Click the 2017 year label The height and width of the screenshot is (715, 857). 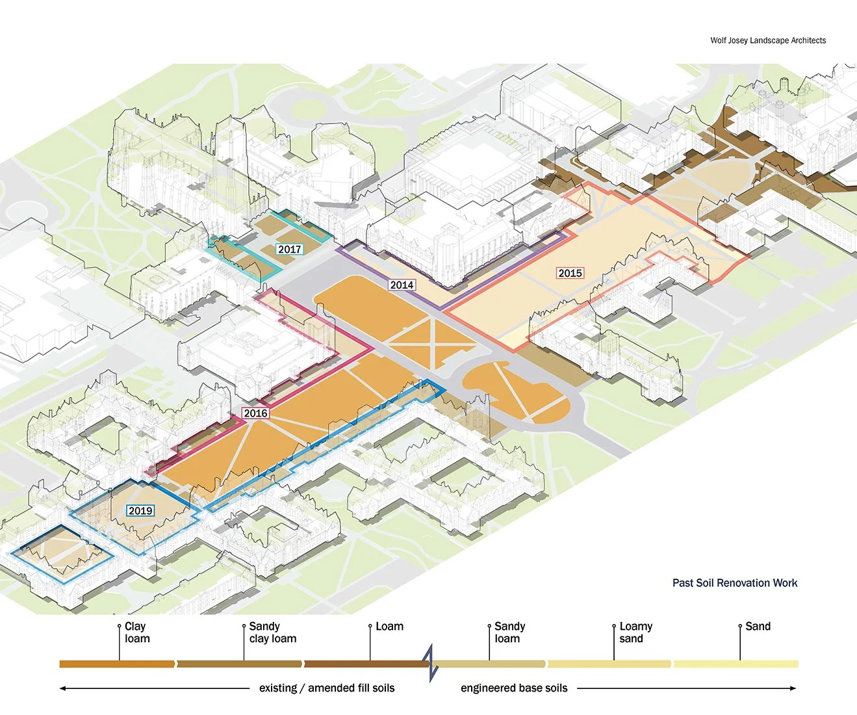click(289, 249)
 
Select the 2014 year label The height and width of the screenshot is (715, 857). click(402, 285)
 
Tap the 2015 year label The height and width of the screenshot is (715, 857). click(570, 273)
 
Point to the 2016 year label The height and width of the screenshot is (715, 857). click(255, 413)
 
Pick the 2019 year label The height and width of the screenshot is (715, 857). click(140, 510)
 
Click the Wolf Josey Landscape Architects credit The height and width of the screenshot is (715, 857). click(768, 40)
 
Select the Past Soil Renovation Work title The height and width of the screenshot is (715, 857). click(734, 583)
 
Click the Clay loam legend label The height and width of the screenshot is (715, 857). click(137, 632)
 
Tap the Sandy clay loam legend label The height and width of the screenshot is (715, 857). click(272, 632)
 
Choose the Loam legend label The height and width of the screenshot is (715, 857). click(389, 627)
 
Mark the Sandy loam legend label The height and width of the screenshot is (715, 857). click(509, 632)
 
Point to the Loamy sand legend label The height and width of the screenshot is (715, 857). click(635, 632)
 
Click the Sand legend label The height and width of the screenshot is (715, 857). click(758, 627)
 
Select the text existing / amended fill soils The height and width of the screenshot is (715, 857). click(326, 688)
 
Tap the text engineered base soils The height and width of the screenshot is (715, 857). click(514, 688)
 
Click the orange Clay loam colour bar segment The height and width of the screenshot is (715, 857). click(117, 664)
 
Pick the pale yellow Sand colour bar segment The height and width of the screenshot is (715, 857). click(735, 664)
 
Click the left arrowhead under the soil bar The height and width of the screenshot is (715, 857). click(63, 688)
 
